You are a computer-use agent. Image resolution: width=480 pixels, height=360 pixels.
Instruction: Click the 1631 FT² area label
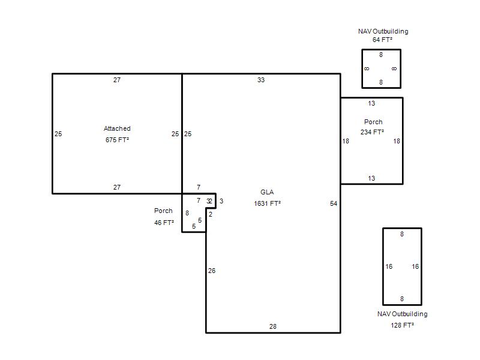(x=267, y=203)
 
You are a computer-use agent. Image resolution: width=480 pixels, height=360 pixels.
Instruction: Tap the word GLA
(x=267, y=192)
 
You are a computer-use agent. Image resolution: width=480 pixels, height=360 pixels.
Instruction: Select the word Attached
(x=117, y=128)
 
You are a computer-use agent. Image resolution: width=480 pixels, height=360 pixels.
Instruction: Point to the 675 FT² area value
(x=117, y=140)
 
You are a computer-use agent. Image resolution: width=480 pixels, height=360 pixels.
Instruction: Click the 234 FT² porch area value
(x=372, y=132)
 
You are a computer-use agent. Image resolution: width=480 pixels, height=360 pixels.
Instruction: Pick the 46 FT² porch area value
(x=164, y=223)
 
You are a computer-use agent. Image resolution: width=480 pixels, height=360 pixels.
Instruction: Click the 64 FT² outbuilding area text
(x=382, y=40)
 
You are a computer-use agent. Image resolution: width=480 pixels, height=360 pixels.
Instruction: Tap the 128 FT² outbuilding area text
(x=402, y=325)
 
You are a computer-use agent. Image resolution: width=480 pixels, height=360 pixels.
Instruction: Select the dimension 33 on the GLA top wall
(x=261, y=80)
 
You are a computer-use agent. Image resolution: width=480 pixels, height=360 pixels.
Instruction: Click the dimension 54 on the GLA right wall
(x=334, y=203)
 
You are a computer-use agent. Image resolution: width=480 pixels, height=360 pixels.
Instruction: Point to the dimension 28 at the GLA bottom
(x=273, y=326)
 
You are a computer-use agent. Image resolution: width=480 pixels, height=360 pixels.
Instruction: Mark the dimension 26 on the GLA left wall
(x=212, y=271)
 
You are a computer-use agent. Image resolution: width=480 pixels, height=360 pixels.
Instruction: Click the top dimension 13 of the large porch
(x=371, y=103)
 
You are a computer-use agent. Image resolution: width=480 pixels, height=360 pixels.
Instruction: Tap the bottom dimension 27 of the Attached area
(x=117, y=187)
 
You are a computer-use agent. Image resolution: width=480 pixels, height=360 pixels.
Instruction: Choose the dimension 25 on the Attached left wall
(x=58, y=134)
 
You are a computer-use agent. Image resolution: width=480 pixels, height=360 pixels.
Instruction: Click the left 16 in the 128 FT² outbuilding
(x=389, y=266)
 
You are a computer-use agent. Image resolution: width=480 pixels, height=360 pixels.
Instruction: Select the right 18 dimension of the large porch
(x=397, y=141)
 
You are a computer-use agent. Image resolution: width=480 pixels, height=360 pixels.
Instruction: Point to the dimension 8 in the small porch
(x=187, y=213)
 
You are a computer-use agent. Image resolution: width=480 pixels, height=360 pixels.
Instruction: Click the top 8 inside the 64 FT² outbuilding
(x=381, y=55)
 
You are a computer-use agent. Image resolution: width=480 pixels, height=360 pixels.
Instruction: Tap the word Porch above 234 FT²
(x=373, y=122)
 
